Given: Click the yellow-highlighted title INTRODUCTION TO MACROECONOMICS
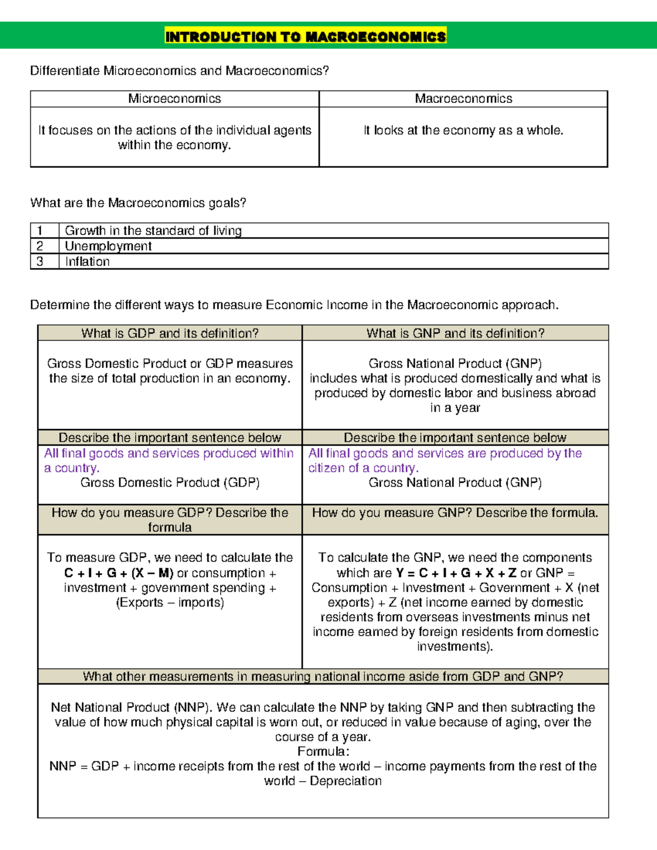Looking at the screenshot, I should click(306, 37).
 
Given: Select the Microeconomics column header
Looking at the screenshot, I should click(175, 99).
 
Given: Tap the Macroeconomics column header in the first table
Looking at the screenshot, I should click(463, 99).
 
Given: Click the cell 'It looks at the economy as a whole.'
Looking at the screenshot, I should click(463, 130).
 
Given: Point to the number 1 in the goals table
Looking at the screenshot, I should click(39, 230).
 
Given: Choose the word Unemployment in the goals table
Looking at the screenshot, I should click(108, 246).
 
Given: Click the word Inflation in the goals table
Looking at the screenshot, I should click(87, 262).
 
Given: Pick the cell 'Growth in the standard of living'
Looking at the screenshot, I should click(153, 230).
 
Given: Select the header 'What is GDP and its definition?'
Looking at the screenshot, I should click(170, 333).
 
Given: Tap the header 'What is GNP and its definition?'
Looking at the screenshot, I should click(456, 333).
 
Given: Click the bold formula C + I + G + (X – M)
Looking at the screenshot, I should click(119, 573).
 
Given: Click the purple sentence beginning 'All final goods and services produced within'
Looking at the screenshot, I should click(169, 453).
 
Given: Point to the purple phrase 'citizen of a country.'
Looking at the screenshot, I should click(364, 468).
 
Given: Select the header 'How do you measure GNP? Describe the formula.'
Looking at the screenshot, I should click(455, 513).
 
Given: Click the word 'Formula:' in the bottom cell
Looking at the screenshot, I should click(323, 751).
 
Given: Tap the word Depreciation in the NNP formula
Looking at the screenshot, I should click(345, 781).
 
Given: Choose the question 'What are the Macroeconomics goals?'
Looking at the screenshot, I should click(138, 203).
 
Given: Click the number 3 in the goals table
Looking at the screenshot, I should click(39, 262).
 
